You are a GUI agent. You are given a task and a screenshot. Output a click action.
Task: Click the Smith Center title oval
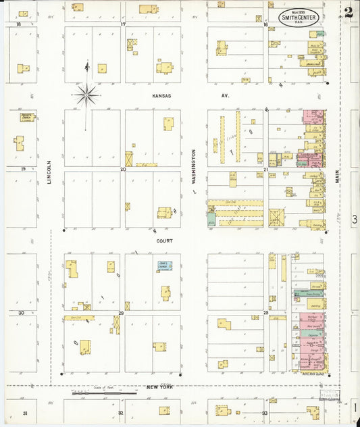coord(300,17)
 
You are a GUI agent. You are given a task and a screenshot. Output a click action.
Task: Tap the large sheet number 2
coord(348,12)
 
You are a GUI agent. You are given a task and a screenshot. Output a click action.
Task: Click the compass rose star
coord(86,95)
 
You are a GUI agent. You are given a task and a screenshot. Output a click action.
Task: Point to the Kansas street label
coord(161,96)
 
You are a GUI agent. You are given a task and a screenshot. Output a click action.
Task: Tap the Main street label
coord(337,177)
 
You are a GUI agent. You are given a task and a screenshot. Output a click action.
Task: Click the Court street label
coord(165,241)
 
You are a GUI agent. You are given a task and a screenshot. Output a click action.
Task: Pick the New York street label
coord(160,388)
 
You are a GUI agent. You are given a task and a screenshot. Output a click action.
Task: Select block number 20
coord(123,169)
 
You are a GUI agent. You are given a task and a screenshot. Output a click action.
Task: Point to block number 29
coord(122,313)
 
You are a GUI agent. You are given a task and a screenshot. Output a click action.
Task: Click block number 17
coord(123,24)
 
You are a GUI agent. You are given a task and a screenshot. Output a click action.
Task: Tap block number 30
coord(22,313)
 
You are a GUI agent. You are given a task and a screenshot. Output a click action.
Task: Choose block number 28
coord(265,313)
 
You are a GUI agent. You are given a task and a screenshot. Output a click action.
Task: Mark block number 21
coord(265,169)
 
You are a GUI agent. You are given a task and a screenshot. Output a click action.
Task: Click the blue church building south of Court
coord(165,266)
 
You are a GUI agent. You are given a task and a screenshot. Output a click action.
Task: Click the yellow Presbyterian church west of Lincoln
coord(28,117)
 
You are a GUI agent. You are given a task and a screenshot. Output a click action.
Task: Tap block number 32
coord(121,412)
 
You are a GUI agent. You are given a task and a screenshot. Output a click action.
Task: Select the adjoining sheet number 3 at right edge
coord(354,220)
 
